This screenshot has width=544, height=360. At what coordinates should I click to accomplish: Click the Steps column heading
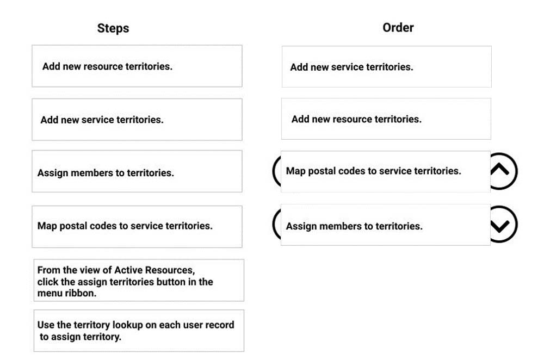coord(113,28)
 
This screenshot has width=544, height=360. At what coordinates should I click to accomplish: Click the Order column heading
coord(398,28)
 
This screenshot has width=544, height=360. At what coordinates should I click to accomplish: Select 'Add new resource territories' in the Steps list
coord(137,66)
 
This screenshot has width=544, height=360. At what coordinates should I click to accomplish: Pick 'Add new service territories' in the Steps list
coord(137,120)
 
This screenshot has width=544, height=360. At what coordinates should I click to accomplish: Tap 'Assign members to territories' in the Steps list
coord(137,173)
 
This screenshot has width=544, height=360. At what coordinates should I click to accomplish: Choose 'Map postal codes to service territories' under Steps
coord(137,226)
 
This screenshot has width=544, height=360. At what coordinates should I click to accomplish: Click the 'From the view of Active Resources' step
coord(139,281)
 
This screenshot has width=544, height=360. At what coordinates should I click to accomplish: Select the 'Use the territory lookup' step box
coord(139,331)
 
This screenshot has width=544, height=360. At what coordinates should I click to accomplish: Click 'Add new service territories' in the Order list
coord(386,67)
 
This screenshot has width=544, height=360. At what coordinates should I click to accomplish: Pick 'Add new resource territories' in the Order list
coord(386,119)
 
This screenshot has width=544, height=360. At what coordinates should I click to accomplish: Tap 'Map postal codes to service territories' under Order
coord(385,171)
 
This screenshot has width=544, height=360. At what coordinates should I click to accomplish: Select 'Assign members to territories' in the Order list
coord(385,226)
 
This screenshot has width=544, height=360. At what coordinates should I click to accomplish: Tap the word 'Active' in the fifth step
coord(129,270)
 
